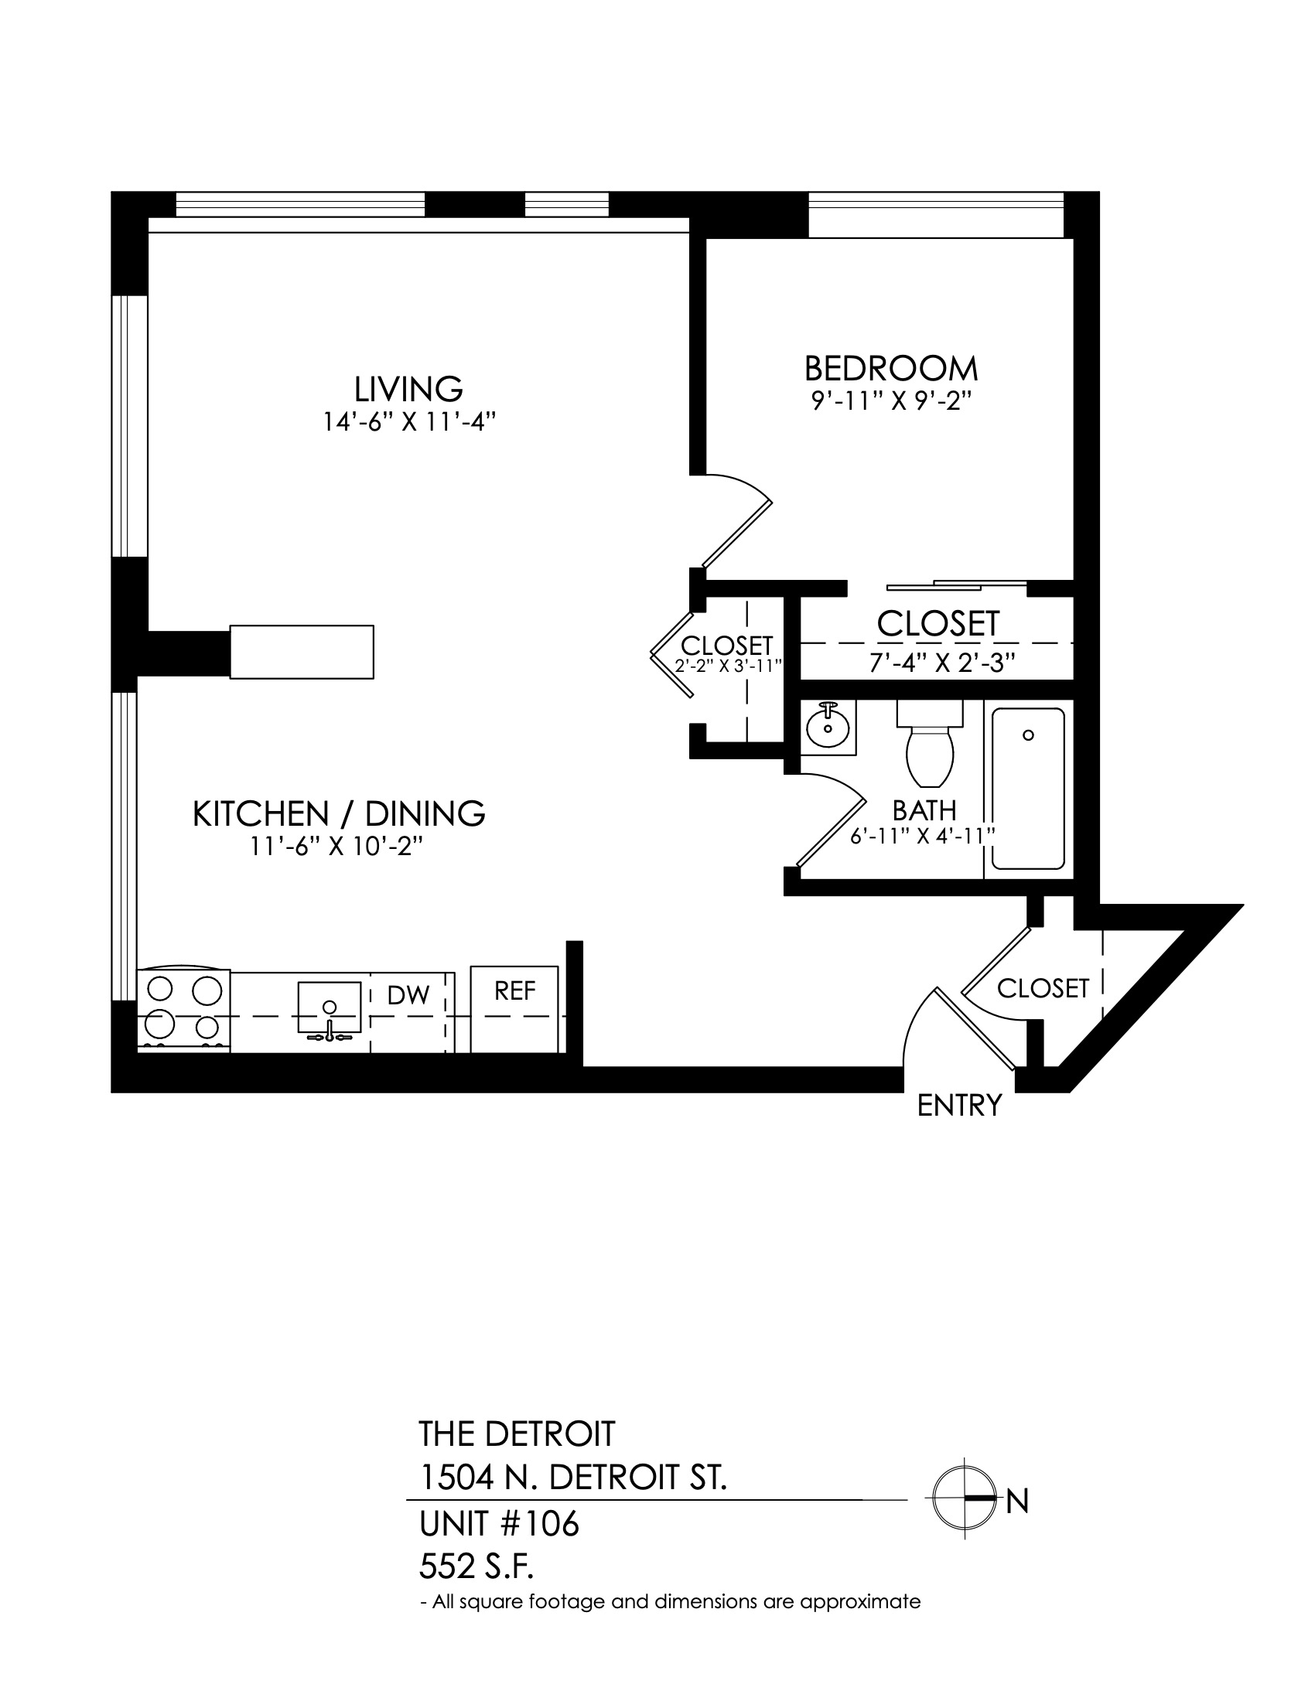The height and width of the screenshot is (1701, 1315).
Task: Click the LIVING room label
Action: [409, 389]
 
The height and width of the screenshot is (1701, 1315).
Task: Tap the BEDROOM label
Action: [891, 367]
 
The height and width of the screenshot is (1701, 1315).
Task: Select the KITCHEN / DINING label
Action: [339, 814]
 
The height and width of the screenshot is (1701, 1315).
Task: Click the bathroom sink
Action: [829, 727]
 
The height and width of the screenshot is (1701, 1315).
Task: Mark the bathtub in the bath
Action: [1028, 788]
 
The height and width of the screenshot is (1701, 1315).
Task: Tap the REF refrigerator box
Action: [514, 1009]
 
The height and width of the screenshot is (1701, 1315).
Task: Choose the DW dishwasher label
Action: [408, 994]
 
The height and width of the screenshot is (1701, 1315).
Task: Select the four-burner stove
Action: [184, 1011]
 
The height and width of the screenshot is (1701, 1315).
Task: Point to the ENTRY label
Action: [959, 1105]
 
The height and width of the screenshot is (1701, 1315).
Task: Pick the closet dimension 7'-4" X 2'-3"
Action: [942, 663]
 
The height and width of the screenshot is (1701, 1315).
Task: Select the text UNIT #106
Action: [500, 1524]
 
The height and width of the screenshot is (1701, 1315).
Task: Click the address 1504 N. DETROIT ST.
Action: [573, 1477]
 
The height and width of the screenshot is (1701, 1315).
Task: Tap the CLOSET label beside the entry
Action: [1043, 988]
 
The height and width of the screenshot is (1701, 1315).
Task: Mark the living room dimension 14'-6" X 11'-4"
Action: [410, 422]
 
